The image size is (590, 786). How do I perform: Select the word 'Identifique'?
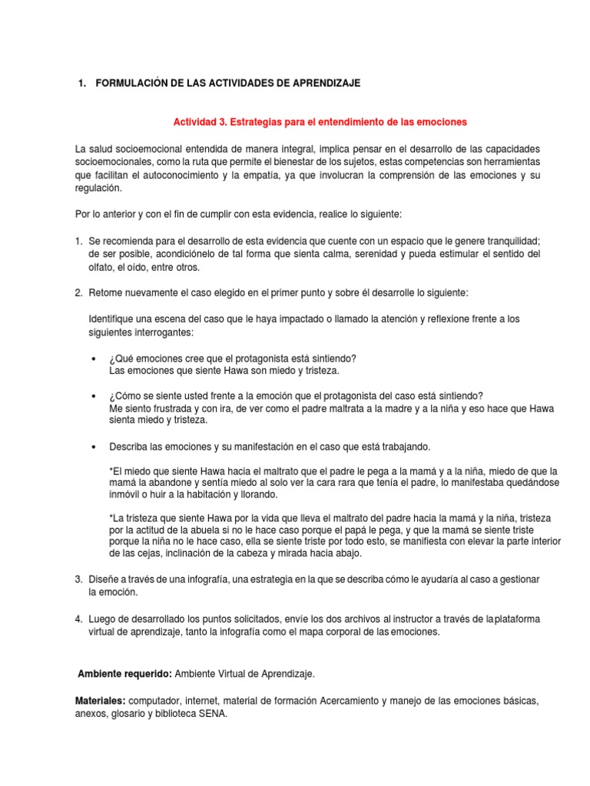click(x=112, y=319)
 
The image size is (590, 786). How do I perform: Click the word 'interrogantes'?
click(x=164, y=332)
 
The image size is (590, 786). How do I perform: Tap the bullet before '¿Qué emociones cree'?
click(x=93, y=359)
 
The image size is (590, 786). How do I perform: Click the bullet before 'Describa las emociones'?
click(x=93, y=447)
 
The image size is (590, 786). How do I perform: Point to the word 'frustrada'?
click(x=173, y=408)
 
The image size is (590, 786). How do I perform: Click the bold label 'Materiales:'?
click(x=100, y=701)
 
